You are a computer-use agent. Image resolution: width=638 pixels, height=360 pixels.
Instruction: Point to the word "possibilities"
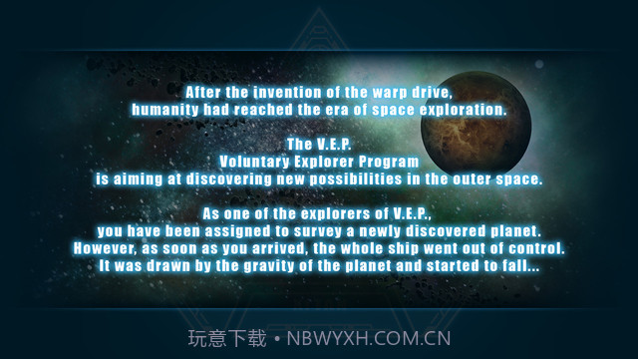click(356, 180)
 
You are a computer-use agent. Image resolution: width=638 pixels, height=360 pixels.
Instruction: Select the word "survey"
click(317, 232)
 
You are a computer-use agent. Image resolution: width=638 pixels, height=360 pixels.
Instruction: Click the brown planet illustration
click(477, 123)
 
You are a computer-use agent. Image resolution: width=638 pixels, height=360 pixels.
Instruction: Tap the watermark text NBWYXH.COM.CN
click(369, 339)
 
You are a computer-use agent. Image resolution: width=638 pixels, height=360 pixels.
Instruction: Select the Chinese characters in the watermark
click(227, 339)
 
